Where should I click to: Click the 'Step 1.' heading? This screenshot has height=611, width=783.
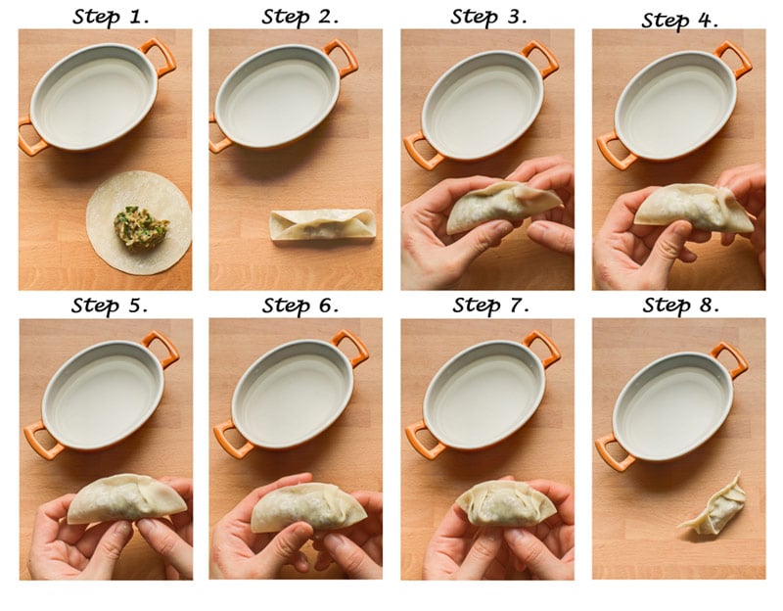pos(111,17)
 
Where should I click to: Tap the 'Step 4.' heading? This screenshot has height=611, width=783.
pos(680,21)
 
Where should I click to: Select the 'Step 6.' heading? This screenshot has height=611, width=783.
pos(300,305)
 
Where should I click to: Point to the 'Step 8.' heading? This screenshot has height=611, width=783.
pos(681,305)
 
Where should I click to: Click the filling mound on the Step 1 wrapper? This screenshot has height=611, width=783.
pos(141,228)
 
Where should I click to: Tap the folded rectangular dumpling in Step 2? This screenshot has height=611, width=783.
pos(323,226)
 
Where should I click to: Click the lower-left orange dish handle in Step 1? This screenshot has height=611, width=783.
pos(29,137)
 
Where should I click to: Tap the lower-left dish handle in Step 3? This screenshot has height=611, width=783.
pos(420,152)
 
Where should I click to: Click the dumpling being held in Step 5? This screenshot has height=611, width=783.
pos(127,498)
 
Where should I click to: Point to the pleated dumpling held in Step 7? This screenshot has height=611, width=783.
pos(505,502)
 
